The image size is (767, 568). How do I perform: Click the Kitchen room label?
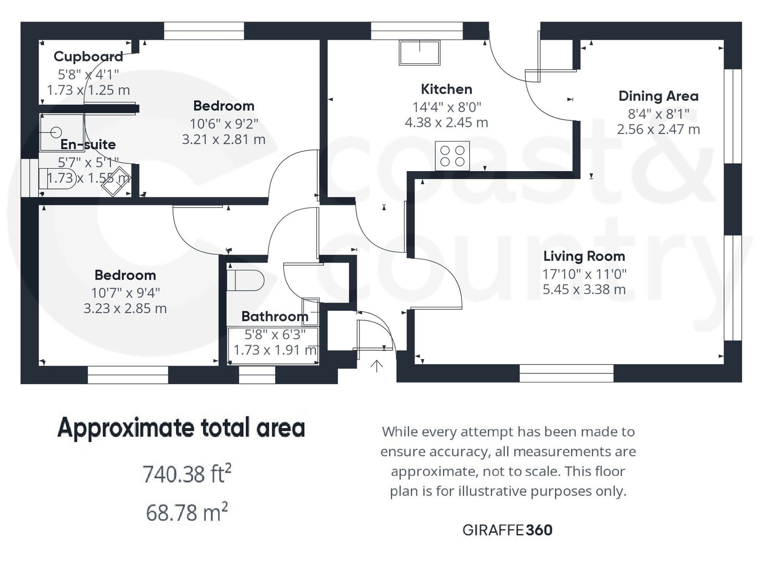446,89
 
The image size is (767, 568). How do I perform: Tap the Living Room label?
584,256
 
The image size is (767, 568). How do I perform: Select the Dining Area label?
658,96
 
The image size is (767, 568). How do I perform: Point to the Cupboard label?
88,57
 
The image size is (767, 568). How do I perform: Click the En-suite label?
88,144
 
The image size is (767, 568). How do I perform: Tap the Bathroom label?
275,316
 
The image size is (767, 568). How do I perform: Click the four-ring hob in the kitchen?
452,156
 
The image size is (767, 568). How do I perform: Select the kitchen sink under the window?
419,52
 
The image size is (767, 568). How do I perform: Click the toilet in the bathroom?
245,280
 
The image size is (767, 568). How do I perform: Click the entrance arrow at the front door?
377,366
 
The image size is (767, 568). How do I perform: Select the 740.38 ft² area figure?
187,474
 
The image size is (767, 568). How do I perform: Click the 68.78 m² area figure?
186,512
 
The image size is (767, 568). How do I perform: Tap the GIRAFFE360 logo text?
507,530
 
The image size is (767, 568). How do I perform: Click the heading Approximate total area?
181,428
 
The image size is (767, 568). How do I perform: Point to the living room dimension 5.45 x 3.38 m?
584,290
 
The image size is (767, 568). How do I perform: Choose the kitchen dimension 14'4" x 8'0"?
446,107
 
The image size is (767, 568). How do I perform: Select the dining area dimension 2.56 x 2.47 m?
658,129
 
